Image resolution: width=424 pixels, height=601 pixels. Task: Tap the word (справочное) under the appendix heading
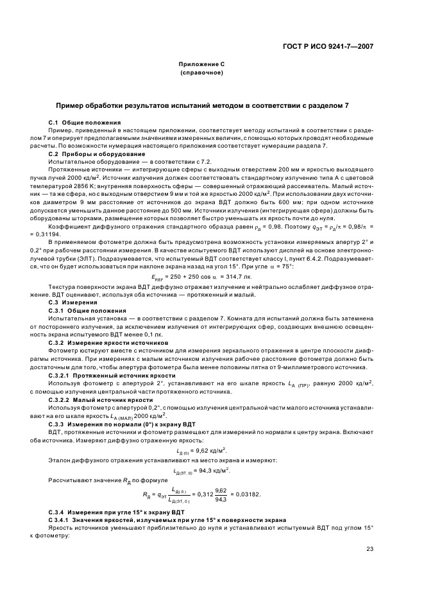[x=201, y=73]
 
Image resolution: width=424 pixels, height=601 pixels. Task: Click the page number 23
[x=369, y=548]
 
